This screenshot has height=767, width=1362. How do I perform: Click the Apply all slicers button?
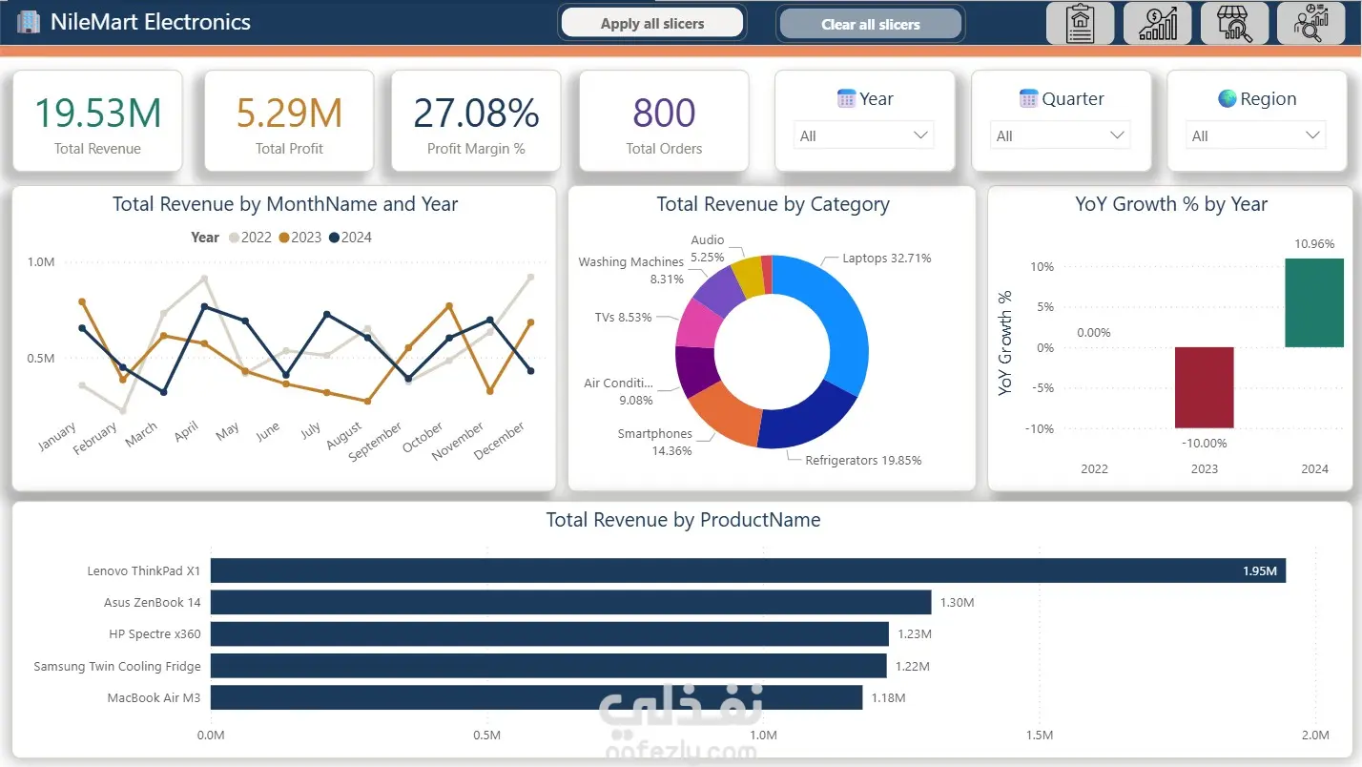pos(651,23)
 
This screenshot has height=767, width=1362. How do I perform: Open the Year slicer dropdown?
pos(863,135)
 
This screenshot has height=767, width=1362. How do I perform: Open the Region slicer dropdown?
pos(1255,135)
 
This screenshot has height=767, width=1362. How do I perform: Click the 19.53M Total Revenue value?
pos(97,113)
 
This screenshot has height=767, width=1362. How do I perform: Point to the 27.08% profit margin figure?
pos(476,113)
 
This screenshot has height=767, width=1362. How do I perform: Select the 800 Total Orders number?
pos(664,113)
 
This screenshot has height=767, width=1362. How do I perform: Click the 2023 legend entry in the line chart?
pos(299,238)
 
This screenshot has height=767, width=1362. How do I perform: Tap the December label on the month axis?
pos(499,441)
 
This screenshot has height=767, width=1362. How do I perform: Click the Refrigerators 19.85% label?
pos(863,461)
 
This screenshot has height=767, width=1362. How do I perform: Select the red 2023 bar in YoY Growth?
pos(1204,387)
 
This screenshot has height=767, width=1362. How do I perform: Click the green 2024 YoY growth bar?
pos(1314,303)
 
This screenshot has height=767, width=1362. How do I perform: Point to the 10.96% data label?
pos(1314,244)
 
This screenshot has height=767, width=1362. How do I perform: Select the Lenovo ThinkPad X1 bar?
pos(748,570)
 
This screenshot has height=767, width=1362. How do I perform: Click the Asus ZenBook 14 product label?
pos(152,602)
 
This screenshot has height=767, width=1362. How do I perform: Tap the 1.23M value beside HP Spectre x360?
pos(915,633)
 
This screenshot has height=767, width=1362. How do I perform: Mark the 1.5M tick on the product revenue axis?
pos(1039,735)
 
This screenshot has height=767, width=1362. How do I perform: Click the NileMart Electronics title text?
pos(150,22)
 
